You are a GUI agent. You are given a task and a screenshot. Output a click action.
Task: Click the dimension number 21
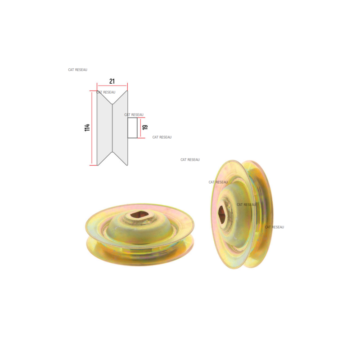coord(112,81)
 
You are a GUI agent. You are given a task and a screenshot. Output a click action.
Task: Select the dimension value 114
coord(87,128)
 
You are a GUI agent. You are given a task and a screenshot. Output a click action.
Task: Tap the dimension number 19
coord(145,127)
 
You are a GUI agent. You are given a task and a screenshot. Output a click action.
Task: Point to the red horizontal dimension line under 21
coord(112,85)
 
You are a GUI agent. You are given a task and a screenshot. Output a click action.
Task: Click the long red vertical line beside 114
coord(92,128)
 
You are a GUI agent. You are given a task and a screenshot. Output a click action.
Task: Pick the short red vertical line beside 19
coord(140,128)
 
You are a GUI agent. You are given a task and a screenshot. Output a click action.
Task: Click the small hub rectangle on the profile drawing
coord(132,128)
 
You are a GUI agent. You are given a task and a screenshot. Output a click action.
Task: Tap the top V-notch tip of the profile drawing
coord(112,104)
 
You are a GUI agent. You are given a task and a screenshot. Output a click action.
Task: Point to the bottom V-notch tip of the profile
coord(112,152)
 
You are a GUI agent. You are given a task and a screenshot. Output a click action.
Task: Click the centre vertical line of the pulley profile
coord(112,128)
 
